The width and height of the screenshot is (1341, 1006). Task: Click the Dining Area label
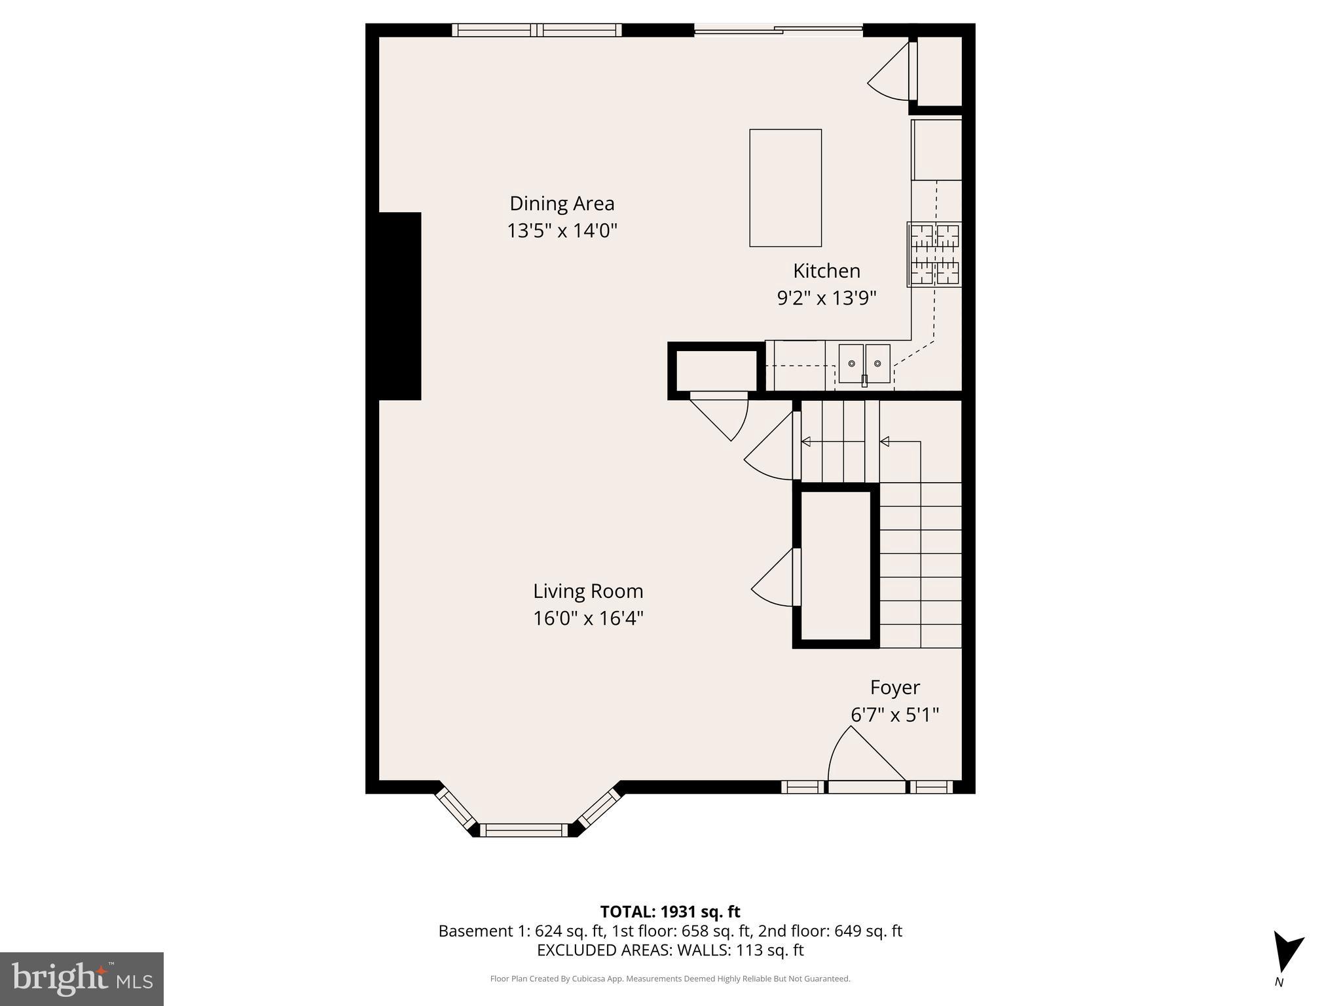coord(562,204)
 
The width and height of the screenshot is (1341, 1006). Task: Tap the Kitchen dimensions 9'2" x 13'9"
coord(826,299)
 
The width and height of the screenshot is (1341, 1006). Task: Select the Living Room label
coord(588,591)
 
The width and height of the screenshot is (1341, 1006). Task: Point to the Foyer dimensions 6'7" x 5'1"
coord(894,715)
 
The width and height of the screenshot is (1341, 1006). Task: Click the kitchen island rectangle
coord(785,188)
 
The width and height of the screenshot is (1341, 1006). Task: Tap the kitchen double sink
coord(864,363)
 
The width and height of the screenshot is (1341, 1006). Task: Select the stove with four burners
coord(935,254)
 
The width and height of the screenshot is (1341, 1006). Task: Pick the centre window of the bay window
coord(524,830)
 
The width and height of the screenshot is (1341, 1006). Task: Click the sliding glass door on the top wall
coord(778,29)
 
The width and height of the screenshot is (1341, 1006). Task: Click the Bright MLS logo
coord(82,979)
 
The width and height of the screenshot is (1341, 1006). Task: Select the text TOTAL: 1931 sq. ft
coord(670,912)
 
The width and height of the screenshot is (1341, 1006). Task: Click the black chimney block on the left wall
coord(400,306)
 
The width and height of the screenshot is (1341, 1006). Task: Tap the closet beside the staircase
coord(836,565)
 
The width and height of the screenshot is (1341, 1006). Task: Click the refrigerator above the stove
coord(937,150)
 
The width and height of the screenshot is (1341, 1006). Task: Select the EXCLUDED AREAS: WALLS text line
coord(670,950)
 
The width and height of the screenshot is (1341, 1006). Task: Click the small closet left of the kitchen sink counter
coord(716,371)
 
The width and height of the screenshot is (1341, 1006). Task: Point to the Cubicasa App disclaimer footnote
coord(670,979)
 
